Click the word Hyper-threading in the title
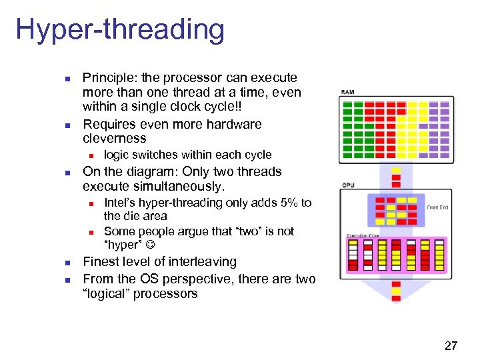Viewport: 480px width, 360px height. point(120,31)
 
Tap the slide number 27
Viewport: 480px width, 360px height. point(451,345)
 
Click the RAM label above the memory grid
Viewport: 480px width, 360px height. point(347,92)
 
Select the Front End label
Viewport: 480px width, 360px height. point(437,207)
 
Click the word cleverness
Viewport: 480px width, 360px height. point(114,139)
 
